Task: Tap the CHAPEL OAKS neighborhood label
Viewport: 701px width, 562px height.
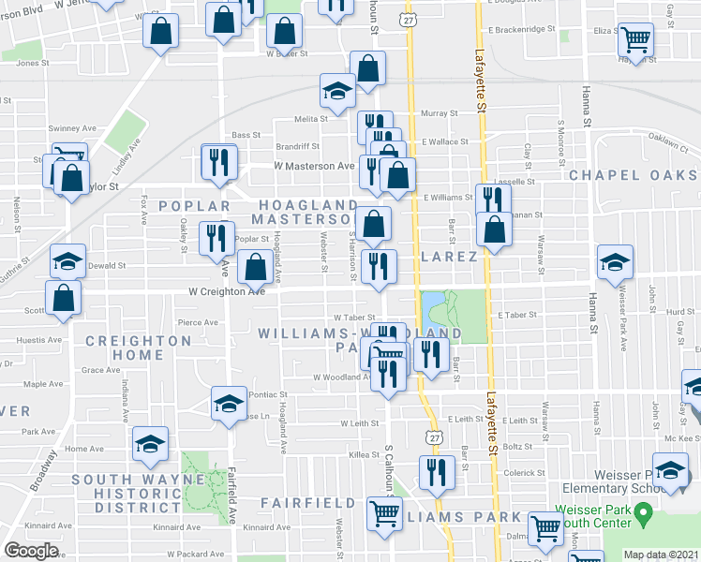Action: (634, 175)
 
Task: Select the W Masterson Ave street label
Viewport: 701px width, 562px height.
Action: (313, 166)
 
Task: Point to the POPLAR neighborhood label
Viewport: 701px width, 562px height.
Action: (194, 206)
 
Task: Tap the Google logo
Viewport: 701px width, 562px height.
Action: (31, 550)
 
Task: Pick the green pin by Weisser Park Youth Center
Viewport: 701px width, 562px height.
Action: (643, 513)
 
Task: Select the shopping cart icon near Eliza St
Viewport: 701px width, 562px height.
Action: (636, 40)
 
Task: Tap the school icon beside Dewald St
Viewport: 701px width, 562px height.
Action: (67, 261)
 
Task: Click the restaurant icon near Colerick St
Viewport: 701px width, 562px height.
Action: (435, 473)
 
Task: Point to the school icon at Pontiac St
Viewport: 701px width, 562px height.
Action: (228, 403)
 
